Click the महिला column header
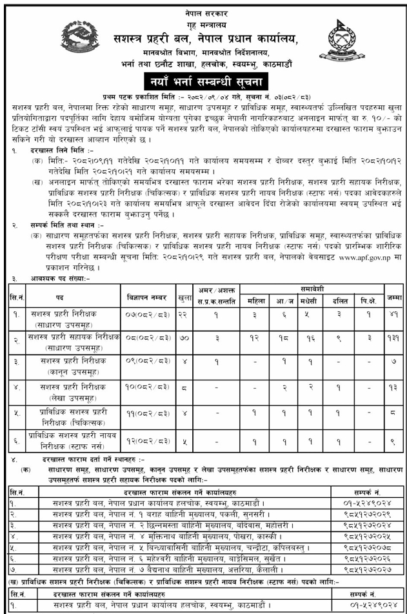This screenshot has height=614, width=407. pos(255,301)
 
